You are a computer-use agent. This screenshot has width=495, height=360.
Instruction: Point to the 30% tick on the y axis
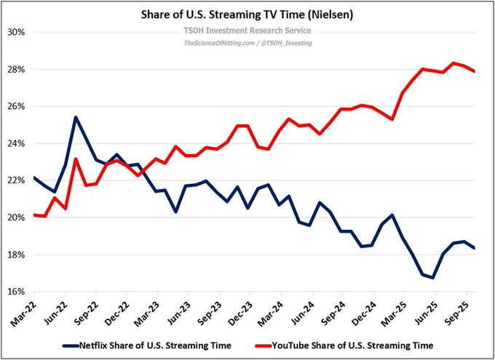pos(17,33)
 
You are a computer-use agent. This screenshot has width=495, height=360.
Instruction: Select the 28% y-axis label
pos(17,70)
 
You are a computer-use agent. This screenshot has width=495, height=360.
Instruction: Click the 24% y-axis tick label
pos(17,144)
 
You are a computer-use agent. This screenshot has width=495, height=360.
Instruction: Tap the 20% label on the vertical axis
pos(17,218)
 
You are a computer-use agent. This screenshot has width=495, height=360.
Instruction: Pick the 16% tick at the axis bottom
pos(17,292)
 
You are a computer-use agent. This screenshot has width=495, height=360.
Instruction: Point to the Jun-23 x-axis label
pos(180,312)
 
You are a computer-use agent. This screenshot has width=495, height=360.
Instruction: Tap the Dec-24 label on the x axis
pos(363,312)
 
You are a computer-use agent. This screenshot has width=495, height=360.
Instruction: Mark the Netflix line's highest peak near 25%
pos(76,117)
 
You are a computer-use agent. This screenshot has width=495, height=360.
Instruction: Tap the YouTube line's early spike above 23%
pos(76,159)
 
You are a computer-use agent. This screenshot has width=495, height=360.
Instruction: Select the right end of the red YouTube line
pos(475,71)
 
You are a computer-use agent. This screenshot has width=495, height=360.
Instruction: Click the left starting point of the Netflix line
pos(34,177)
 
